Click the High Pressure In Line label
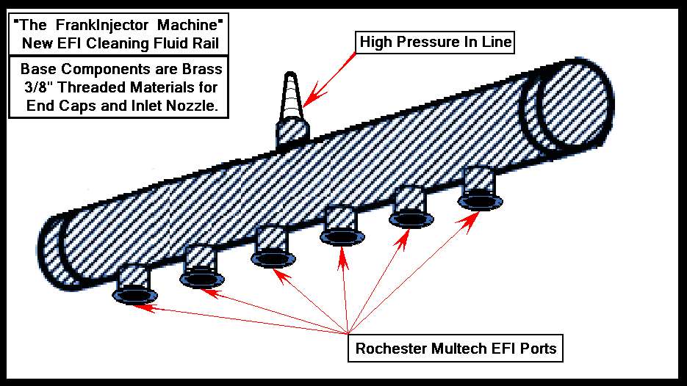435,43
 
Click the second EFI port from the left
199,268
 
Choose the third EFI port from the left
273,249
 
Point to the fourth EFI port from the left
342,227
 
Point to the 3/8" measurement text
37,88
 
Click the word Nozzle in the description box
200,106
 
